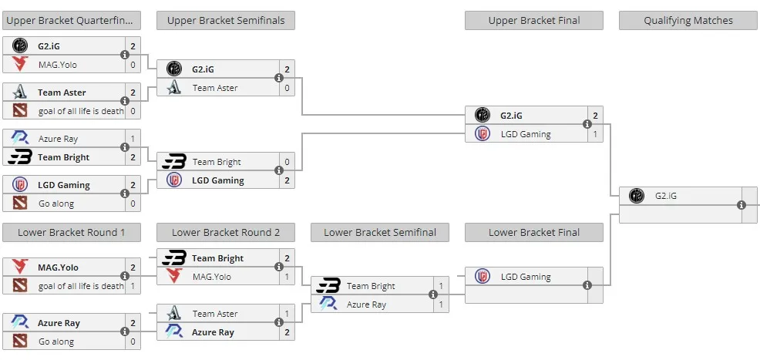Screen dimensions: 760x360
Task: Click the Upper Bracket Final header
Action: (533, 20)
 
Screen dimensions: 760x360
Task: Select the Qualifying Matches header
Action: (688, 20)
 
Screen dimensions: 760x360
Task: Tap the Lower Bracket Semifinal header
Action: (379, 232)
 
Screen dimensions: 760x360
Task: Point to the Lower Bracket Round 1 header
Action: (71, 232)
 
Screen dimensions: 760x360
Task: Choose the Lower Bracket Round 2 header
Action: (225, 232)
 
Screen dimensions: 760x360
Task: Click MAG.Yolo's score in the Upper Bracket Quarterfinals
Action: (133, 65)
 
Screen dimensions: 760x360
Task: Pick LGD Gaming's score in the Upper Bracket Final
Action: (595, 134)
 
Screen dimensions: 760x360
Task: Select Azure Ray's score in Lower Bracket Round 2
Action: (287, 332)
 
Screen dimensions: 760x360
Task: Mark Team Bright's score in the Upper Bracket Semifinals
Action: (287, 162)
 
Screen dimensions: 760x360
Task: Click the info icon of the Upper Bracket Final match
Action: (587, 124)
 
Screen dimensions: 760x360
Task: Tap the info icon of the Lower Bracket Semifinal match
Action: (433, 294)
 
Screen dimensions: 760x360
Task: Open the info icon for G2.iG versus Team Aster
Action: (279, 78)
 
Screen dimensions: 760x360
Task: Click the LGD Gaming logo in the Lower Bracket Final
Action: (483, 277)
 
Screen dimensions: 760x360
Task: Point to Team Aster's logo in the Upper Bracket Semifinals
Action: (174, 88)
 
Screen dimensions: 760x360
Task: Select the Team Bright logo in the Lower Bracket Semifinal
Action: (328, 286)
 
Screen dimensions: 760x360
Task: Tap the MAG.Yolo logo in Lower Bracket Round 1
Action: (20, 267)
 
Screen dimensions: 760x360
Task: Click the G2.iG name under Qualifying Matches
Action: (665, 197)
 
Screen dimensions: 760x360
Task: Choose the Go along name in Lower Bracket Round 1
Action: (56, 341)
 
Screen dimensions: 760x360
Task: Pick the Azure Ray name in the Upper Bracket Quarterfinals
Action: (58, 139)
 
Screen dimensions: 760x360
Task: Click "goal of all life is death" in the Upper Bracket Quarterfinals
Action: (81, 111)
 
